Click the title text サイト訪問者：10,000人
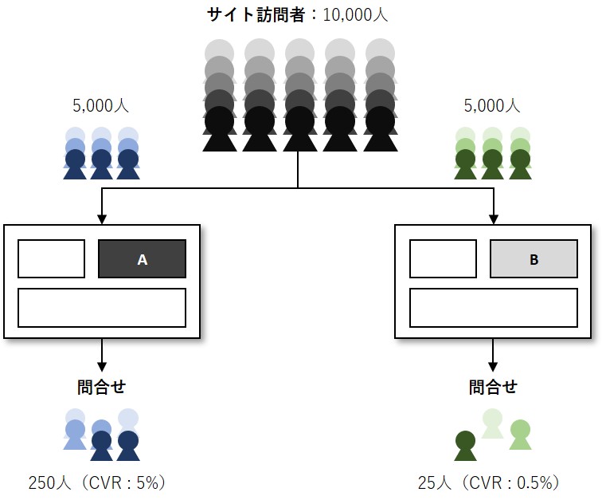point(297,14)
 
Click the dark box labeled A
point(142,259)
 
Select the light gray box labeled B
point(533,259)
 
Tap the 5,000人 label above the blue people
point(100,105)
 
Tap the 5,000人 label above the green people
point(491,105)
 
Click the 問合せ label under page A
point(101,387)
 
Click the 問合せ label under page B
point(493,387)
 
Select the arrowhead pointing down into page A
point(101,217)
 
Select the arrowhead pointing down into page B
point(493,217)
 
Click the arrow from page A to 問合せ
point(101,354)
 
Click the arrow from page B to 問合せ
point(493,354)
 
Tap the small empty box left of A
point(51,259)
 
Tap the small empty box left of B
point(443,259)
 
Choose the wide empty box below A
point(102,307)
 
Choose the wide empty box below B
point(493,307)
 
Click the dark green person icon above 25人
point(465,446)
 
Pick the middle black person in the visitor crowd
point(299,128)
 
